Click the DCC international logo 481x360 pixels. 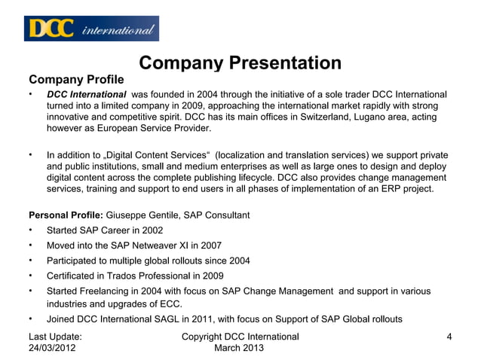coord(92,29)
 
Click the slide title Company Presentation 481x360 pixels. coord(240,63)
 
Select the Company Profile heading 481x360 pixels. coord(76,79)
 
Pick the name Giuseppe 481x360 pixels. coord(129,215)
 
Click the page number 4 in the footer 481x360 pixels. coord(449,337)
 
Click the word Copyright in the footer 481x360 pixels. coord(205,337)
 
